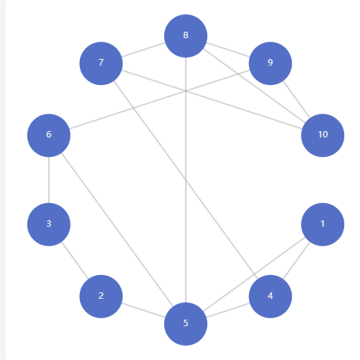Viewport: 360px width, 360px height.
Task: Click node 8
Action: pos(186,36)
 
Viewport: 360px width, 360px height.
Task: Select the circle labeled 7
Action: pos(101,63)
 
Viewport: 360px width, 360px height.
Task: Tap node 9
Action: pos(270,63)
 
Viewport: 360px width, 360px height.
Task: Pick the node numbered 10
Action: pos(323,135)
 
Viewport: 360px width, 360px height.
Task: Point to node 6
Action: pos(49,135)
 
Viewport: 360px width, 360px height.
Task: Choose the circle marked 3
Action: pos(49,225)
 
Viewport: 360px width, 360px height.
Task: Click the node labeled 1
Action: pos(323,225)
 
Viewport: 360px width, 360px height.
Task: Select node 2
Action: pos(101,297)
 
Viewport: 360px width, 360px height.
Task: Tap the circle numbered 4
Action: pos(270,297)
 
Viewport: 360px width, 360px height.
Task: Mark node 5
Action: pos(186,324)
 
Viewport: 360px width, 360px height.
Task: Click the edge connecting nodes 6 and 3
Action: pos(49,180)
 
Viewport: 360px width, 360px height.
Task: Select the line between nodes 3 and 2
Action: pos(75,261)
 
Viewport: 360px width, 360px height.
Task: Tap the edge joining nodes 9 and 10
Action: pos(297,99)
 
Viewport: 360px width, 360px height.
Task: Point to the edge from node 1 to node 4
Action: pos(297,261)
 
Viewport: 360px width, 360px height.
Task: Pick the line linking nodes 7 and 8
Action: pos(143,50)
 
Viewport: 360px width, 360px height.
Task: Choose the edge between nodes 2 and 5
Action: pos(143,310)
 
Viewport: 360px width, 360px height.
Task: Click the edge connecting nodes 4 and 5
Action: pos(228,310)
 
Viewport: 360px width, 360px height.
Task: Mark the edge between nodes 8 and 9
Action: pos(228,50)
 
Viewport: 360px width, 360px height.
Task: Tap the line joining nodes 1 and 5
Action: pos(254,274)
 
